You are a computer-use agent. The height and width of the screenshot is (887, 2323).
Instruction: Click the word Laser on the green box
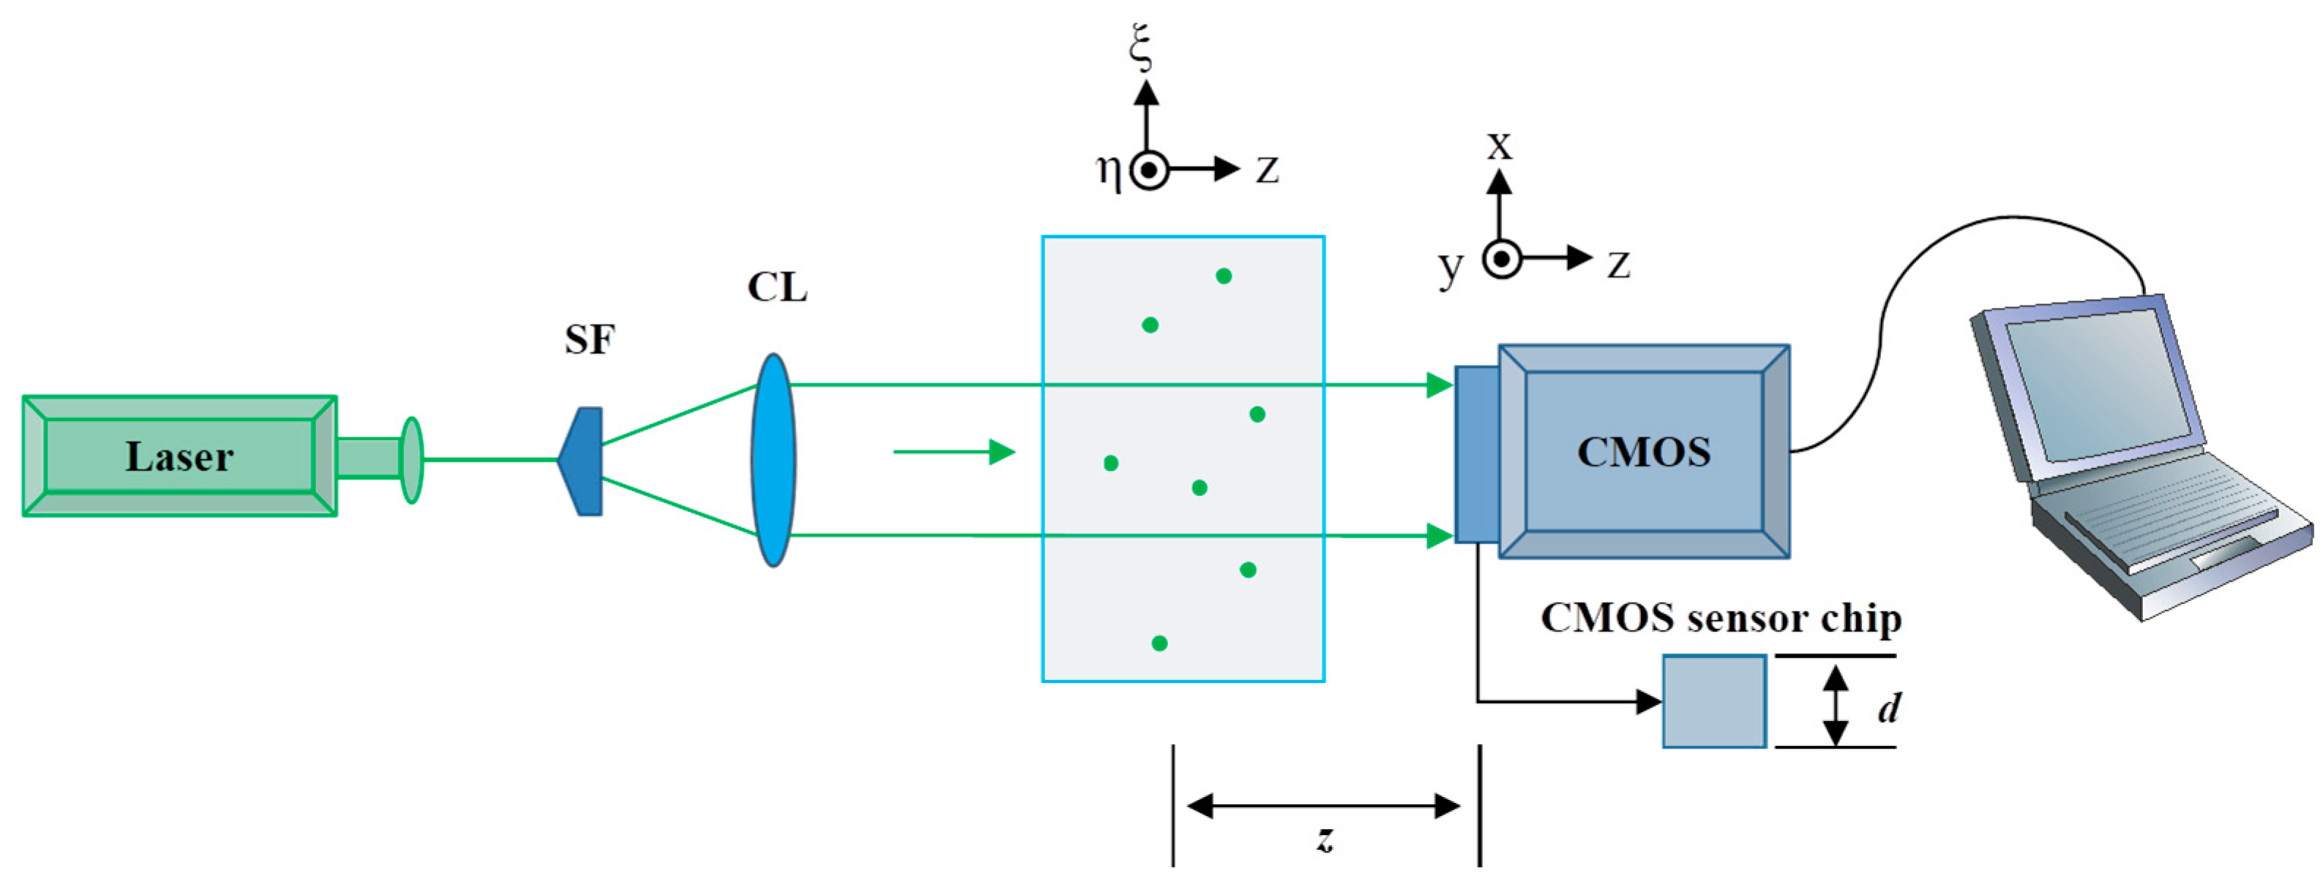click(x=179, y=457)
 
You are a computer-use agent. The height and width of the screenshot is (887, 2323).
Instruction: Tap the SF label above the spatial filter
click(x=590, y=340)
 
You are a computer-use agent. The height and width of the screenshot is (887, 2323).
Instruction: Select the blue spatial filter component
click(x=583, y=461)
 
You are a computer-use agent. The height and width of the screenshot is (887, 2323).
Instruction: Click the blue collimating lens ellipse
click(x=773, y=460)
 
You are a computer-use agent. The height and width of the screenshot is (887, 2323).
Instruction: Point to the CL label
click(x=777, y=287)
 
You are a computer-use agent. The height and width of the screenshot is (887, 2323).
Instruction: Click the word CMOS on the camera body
click(x=1643, y=453)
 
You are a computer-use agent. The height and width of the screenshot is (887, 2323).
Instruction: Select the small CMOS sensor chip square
click(x=1713, y=701)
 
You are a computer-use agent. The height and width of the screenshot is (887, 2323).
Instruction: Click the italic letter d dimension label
click(x=1888, y=708)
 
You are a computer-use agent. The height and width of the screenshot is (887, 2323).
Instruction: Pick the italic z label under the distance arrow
click(x=1324, y=838)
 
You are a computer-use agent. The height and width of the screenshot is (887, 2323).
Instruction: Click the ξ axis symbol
click(x=1142, y=47)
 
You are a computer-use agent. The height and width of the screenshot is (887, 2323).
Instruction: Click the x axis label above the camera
click(x=1499, y=144)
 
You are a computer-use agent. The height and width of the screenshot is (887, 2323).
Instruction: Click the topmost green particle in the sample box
click(x=1223, y=276)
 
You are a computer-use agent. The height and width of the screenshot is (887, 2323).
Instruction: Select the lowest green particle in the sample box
click(x=1160, y=643)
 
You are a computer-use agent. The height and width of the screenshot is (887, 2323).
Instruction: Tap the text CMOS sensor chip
click(x=1721, y=619)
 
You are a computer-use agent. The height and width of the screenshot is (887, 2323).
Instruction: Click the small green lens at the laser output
click(x=411, y=460)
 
